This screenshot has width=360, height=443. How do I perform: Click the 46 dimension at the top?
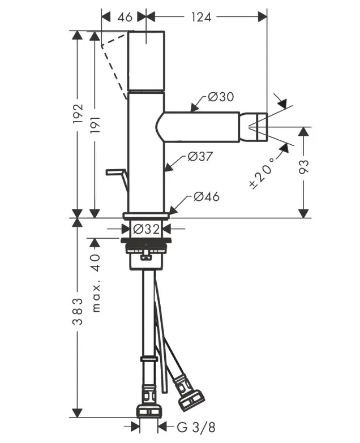pyautogui.click(x=125, y=17)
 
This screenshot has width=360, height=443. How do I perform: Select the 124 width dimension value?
pyautogui.click(x=201, y=17)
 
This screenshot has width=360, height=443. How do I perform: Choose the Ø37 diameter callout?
pyautogui.click(x=199, y=157)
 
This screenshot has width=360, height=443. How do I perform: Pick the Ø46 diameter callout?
pyautogui.click(x=206, y=197)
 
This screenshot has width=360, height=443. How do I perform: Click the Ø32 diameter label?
pyautogui.click(x=147, y=229)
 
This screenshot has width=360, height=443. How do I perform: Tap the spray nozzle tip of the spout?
pyautogui.click(x=258, y=126)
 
